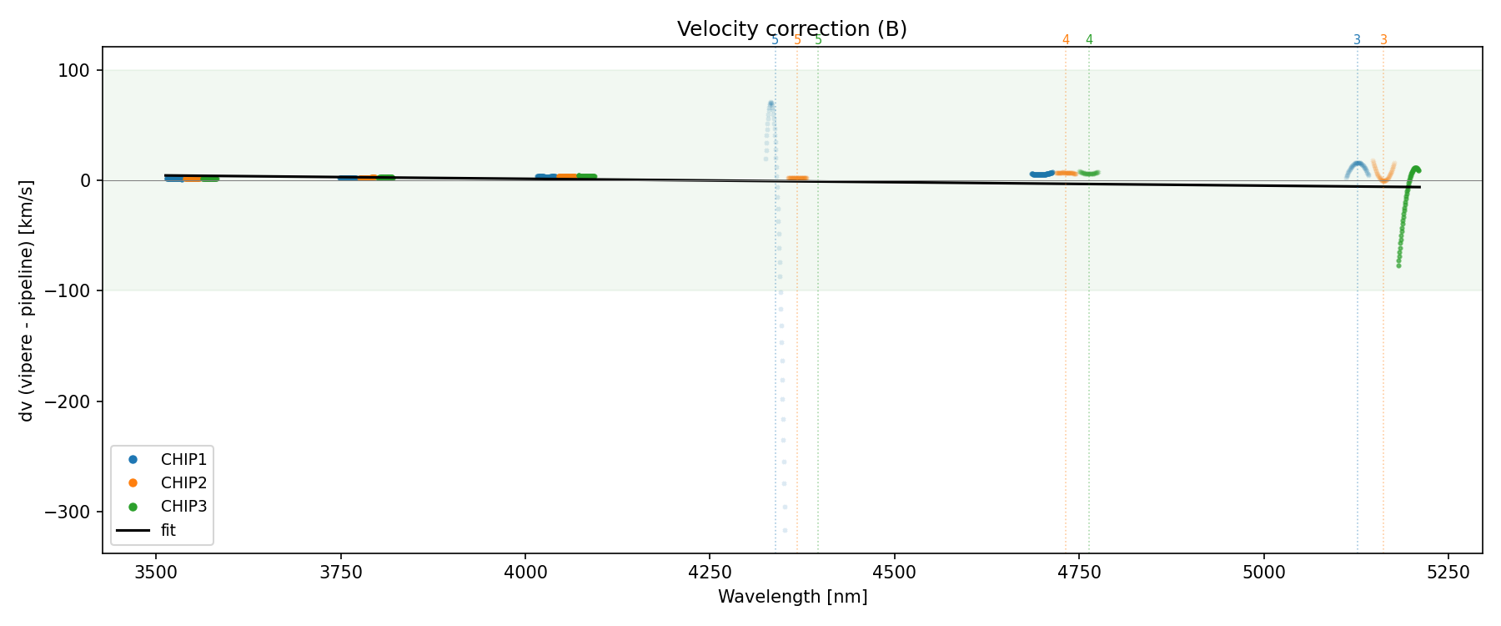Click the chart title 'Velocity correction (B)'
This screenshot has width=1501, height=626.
(791, 29)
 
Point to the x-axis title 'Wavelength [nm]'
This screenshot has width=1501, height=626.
(792, 597)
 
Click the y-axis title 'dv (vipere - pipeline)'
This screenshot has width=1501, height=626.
(27, 300)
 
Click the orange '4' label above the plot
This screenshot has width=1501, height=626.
(1066, 40)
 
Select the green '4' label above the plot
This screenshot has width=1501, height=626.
(1089, 40)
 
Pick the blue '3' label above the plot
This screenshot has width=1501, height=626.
(1357, 40)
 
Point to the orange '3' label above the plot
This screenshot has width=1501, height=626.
(1383, 40)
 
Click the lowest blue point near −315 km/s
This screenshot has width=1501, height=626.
(785, 530)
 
